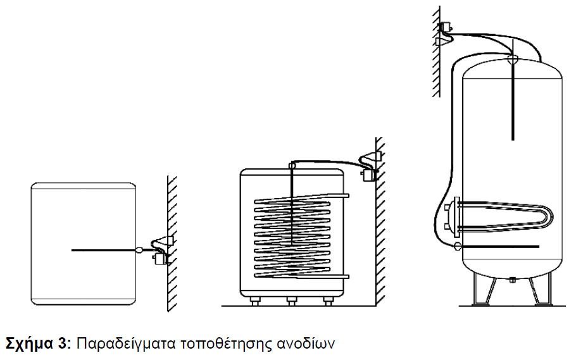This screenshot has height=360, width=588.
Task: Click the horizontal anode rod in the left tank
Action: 103,250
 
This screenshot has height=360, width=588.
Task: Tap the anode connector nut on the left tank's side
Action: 139,250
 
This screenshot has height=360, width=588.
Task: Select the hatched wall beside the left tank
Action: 172,244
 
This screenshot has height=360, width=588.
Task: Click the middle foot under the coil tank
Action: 291,301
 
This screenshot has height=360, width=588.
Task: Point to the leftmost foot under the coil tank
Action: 255,301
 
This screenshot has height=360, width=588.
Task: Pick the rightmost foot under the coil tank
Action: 328,301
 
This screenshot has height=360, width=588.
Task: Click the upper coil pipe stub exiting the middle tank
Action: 340,196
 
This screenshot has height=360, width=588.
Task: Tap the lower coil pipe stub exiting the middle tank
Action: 340,276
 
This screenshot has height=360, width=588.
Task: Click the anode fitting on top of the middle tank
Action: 292,164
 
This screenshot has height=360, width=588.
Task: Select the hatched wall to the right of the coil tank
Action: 380,221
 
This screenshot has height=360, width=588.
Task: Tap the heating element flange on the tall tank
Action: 456,217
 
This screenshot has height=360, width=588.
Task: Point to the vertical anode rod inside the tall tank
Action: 513,101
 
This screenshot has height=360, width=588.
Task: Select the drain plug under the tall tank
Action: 512,279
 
